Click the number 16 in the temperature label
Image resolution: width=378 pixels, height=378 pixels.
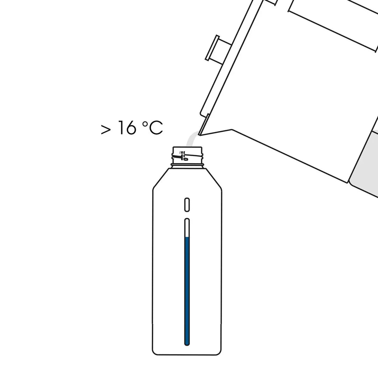pos(127,128)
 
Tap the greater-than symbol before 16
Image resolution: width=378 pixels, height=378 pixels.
pos(106,129)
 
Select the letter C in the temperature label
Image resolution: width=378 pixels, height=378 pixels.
pos(155,128)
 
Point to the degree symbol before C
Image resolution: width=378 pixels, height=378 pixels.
pos(145,124)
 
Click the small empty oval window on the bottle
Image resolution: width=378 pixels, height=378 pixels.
pos(187,204)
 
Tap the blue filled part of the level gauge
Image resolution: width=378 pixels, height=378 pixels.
pos(187,290)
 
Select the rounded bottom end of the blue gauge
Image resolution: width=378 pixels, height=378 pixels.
pos(187,344)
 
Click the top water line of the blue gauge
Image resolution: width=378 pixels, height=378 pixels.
pos(187,238)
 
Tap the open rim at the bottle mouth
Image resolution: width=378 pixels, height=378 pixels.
pos(187,147)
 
